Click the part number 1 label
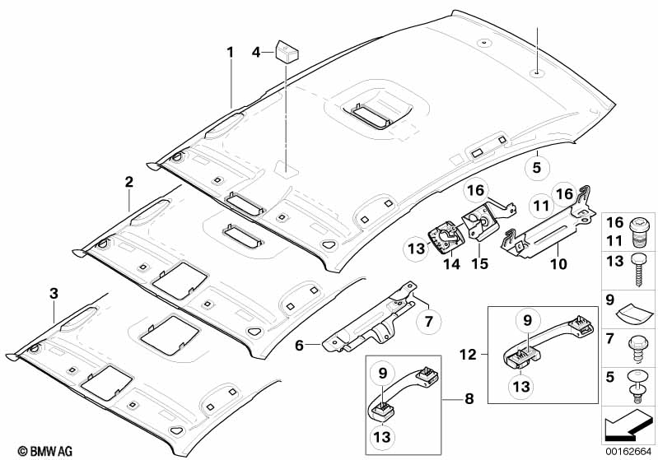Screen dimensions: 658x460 click(230, 53)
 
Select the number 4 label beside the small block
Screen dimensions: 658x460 click(256, 53)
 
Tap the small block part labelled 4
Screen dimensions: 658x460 click(287, 51)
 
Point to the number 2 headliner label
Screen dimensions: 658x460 click(128, 182)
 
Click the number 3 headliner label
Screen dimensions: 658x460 click(54, 294)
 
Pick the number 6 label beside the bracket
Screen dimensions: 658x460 click(299, 345)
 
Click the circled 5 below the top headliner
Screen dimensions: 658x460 click(537, 168)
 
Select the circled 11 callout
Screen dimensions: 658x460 click(541, 207)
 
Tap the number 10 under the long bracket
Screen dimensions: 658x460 click(558, 264)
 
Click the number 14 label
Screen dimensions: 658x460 click(452, 264)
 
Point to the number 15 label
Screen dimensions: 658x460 click(479, 263)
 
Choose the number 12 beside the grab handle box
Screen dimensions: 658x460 click(468, 355)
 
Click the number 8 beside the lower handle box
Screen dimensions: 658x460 click(469, 398)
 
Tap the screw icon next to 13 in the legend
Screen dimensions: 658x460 click(638, 271)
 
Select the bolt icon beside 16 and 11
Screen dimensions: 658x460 click(640, 233)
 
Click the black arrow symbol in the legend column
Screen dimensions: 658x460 click(628, 425)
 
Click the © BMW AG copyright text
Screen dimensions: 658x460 click(45, 451)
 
